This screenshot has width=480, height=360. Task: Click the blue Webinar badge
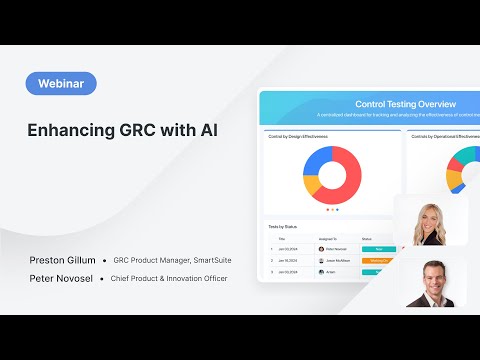tap(61, 84)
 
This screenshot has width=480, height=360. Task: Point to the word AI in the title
tap(207, 131)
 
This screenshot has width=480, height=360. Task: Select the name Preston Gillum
tap(63, 260)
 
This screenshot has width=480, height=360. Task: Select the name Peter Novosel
tap(62, 278)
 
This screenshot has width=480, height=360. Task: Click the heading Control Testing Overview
tap(406, 103)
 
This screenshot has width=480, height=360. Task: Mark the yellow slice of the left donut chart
tap(314, 184)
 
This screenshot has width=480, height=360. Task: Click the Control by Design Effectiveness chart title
tap(299, 135)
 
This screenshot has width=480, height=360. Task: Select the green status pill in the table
tap(378, 249)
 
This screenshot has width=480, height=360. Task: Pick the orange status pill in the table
tap(378, 260)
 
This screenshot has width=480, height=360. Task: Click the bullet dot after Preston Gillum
tap(105, 260)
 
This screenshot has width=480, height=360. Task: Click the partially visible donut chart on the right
tap(462, 170)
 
